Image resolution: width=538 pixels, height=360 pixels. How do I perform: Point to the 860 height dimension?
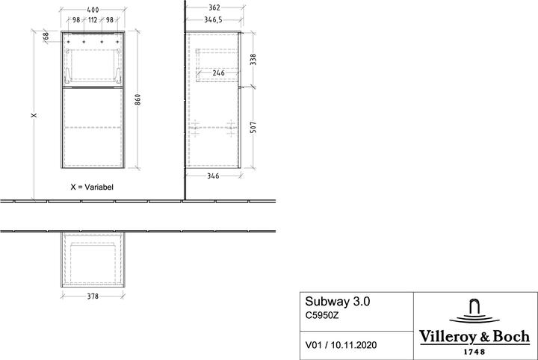point(137,102)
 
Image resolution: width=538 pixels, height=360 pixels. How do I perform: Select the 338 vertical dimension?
point(252,59)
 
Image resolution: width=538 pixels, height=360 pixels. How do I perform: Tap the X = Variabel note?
point(92,187)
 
